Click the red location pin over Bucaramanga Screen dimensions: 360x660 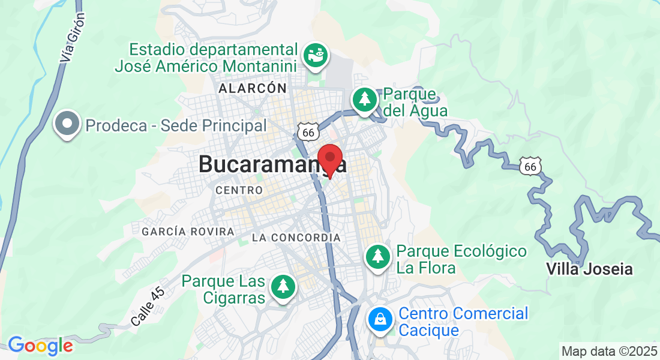[329, 158]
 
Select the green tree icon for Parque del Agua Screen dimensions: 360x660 [364, 100]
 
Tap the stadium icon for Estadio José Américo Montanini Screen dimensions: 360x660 [314, 55]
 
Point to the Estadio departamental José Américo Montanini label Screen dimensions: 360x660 [214, 57]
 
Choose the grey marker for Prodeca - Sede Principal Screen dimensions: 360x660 [67, 125]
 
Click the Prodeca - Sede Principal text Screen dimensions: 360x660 [176, 125]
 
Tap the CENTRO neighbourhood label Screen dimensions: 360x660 [239, 190]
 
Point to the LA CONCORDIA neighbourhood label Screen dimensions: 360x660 [296, 238]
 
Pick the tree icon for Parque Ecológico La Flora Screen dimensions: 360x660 [378, 257]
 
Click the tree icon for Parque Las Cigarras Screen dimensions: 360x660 [283, 286]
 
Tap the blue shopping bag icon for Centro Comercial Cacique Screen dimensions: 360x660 [380, 319]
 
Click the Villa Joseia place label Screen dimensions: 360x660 [589, 269]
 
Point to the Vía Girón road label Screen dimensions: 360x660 [73, 38]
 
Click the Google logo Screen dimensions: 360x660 [40, 346]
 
